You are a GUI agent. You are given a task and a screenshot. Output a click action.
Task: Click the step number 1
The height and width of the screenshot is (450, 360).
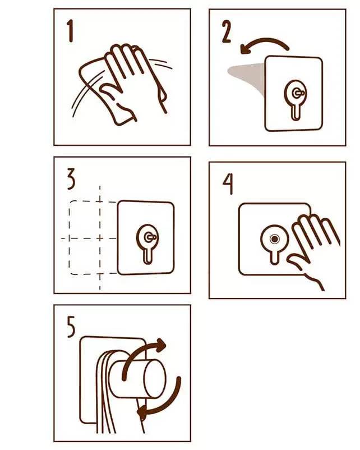click(70, 31)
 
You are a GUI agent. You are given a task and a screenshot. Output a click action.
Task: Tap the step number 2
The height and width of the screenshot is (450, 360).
click(227, 31)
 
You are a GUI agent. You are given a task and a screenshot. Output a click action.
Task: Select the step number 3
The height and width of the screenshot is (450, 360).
click(71, 179)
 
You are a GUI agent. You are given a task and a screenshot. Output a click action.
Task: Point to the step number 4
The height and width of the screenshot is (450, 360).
click(228, 184)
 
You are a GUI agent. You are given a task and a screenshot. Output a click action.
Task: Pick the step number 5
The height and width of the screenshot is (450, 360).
click(71, 327)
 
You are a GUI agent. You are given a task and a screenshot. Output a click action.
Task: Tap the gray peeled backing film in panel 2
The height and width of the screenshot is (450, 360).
click(247, 77)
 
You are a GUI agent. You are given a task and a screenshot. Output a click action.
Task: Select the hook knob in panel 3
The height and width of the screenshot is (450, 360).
click(150, 237)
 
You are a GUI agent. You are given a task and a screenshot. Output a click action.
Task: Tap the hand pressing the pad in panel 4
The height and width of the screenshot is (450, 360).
click(313, 247)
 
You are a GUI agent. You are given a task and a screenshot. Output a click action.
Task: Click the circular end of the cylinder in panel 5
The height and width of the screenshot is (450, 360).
click(155, 379)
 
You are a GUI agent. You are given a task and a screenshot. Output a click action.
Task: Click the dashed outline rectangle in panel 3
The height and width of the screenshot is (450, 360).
click(69, 238)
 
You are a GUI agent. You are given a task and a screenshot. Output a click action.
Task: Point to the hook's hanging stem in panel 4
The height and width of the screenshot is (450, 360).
click(275, 257)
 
